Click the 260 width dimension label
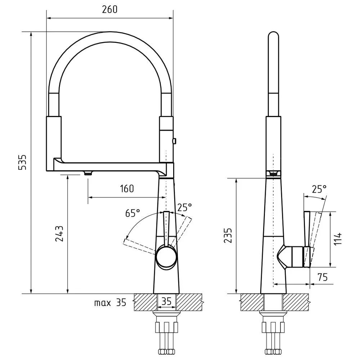coord(109,9)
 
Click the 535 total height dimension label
coord(22,162)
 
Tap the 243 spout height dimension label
coord(59,234)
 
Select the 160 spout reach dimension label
coord(127,189)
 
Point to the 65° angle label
coord(132,213)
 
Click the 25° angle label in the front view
coord(185,207)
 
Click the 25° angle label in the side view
coord(319,189)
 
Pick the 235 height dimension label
coord(228,235)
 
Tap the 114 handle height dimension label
coord(338,239)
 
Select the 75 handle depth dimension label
coord(322,277)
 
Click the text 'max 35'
coord(110,303)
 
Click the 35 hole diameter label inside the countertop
coord(166,301)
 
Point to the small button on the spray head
coord(175,140)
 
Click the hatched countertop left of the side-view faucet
coord(252,302)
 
